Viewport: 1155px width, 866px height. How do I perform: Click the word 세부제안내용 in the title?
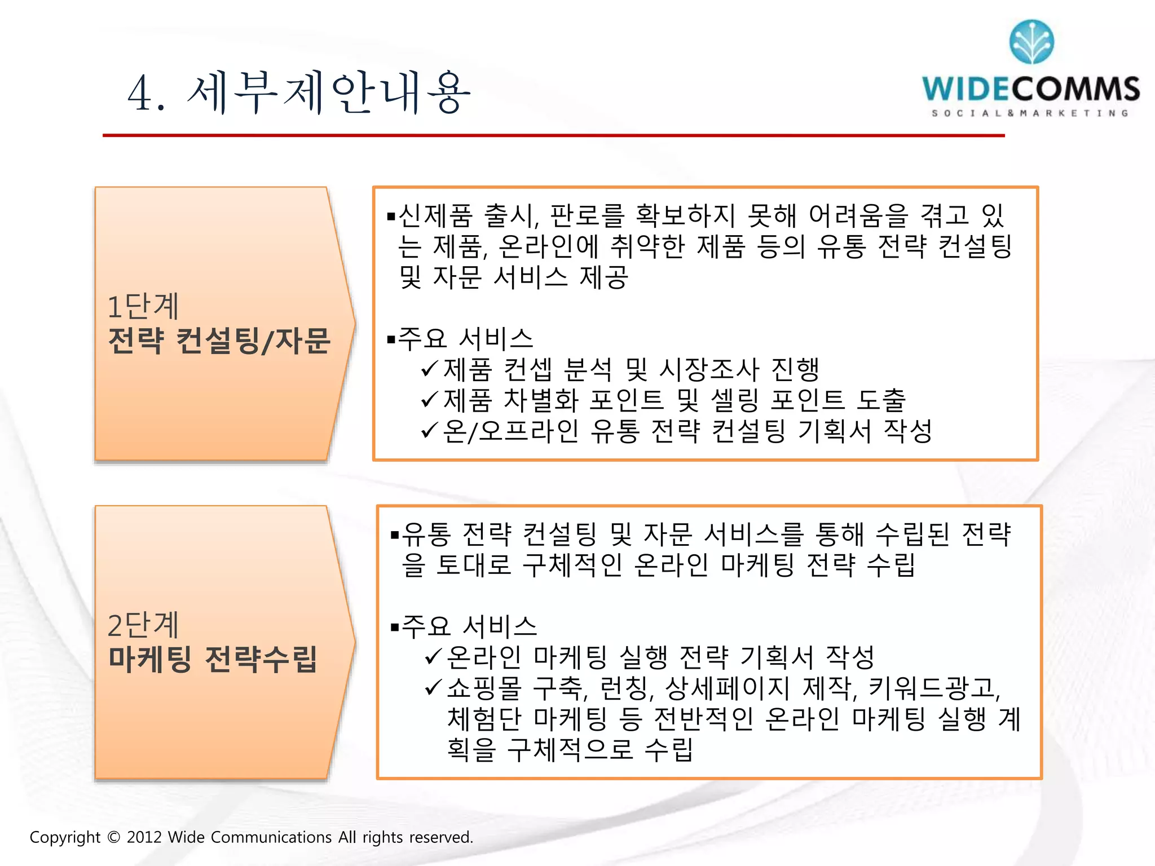(x=329, y=93)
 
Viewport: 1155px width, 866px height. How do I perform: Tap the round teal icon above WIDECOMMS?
(x=1031, y=42)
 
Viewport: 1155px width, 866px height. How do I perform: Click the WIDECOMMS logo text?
(x=1031, y=89)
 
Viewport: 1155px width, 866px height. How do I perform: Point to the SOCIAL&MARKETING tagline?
(x=1030, y=113)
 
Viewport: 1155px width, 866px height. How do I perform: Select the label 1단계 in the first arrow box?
(x=143, y=307)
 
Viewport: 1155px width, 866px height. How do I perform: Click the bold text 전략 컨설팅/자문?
(x=219, y=341)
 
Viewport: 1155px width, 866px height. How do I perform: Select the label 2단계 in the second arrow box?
(x=143, y=625)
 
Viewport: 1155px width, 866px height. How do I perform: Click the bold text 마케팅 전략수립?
(x=213, y=659)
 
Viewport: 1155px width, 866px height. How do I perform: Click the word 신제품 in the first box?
(x=435, y=215)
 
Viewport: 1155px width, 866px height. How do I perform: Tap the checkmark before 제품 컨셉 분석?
(x=429, y=369)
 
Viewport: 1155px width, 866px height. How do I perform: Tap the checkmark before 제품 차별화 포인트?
(x=429, y=400)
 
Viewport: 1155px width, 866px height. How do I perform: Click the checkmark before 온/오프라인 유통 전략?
(x=429, y=431)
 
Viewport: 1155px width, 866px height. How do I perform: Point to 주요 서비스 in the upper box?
(x=465, y=338)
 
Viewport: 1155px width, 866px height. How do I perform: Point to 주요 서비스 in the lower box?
(x=469, y=626)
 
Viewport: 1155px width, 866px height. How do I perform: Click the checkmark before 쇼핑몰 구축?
(x=433, y=687)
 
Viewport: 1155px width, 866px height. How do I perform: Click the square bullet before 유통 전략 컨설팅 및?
(x=395, y=534)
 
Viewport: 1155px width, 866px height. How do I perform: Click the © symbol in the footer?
(x=113, y=837)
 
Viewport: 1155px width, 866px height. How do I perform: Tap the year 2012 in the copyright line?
(x=144, y=837)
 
